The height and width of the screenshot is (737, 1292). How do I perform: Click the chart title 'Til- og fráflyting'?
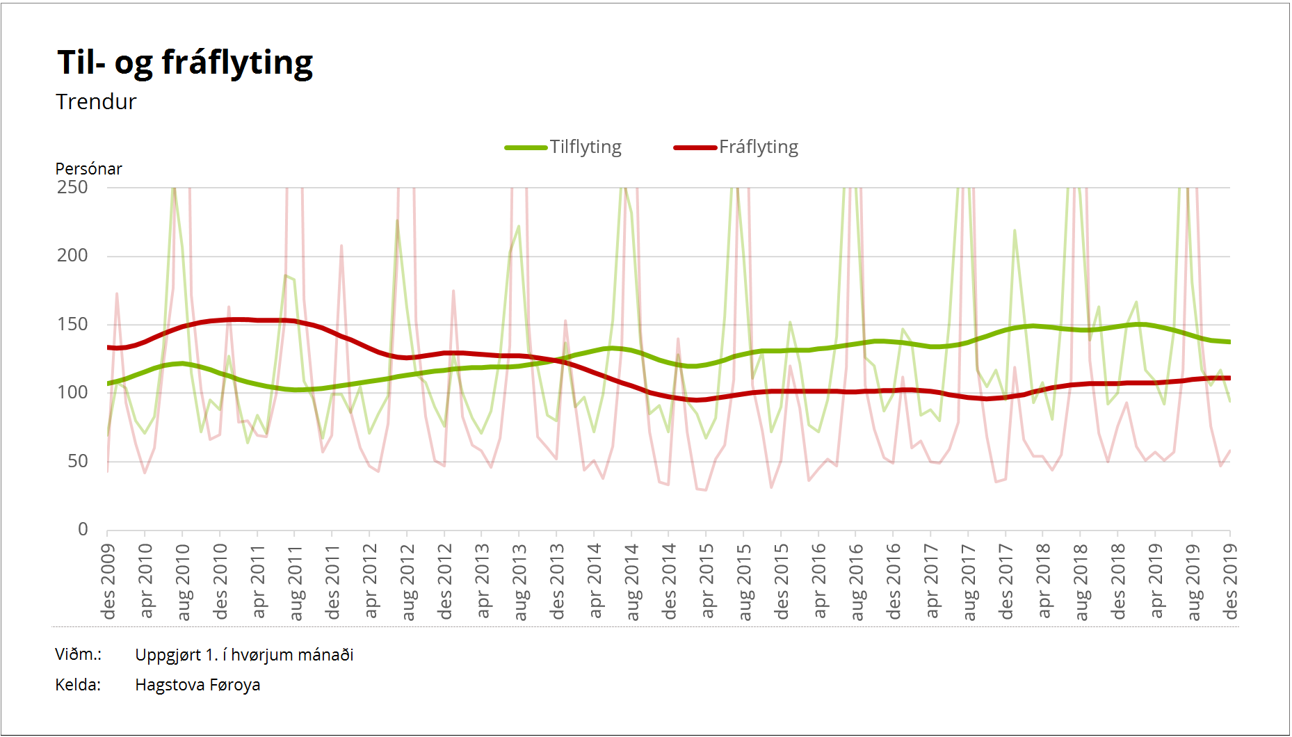coord(185,63)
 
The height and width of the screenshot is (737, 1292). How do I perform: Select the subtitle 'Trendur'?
coord(96,102)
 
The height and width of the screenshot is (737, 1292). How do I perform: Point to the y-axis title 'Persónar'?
coord(88,169)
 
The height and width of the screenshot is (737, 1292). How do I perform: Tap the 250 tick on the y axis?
coord(72,187)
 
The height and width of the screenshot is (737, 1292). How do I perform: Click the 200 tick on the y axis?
coord(72,255)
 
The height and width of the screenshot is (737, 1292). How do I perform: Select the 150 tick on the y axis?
coord(72,324)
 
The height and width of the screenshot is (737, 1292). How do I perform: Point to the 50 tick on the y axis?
coord(78,461)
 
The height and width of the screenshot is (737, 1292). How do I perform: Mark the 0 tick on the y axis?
coord(83,529)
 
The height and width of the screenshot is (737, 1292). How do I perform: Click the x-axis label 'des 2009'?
coord(108,581)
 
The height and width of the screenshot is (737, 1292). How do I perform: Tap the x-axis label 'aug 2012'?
coord(408,582)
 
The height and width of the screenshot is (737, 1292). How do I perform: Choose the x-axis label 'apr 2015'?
coord(707,581)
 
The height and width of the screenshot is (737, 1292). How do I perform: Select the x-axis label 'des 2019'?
coord(1231,581)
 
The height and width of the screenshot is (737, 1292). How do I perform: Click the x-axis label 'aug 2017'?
coord(969,582)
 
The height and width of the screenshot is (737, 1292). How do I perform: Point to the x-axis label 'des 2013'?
coord(558,581)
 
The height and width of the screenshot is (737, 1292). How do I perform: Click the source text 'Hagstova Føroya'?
coord(197,685)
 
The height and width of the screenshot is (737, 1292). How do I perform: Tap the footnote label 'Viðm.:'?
coord(79,654)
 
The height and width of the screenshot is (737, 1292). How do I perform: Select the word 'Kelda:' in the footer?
coord(78,685)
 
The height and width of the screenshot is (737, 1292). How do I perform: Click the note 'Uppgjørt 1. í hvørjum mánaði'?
coord(244,655)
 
